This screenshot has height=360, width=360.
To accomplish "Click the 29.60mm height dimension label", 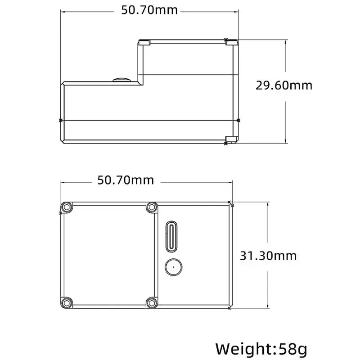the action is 284,85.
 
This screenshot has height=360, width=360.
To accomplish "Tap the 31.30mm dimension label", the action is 268,256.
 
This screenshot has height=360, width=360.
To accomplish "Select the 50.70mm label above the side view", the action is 149,10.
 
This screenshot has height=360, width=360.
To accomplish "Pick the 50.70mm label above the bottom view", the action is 126,180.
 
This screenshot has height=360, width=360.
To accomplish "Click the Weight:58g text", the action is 261,350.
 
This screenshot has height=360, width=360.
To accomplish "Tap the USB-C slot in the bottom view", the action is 171,237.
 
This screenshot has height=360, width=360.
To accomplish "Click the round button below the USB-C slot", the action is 174,267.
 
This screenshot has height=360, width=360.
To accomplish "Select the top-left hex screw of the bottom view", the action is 67,207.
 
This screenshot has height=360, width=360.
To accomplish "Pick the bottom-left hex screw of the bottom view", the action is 67,303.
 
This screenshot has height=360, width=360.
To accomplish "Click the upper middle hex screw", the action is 152,207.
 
